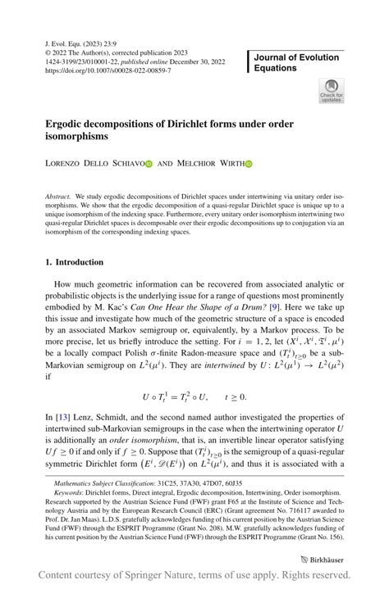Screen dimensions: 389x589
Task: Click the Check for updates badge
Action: tap(332, 90)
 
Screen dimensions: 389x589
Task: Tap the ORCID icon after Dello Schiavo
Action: tap(149, 164)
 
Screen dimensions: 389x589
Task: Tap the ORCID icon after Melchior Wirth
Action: tap(249, 164)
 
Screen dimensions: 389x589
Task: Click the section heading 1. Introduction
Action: tap(74, 262)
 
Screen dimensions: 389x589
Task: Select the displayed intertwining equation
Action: tap(194, 396)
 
